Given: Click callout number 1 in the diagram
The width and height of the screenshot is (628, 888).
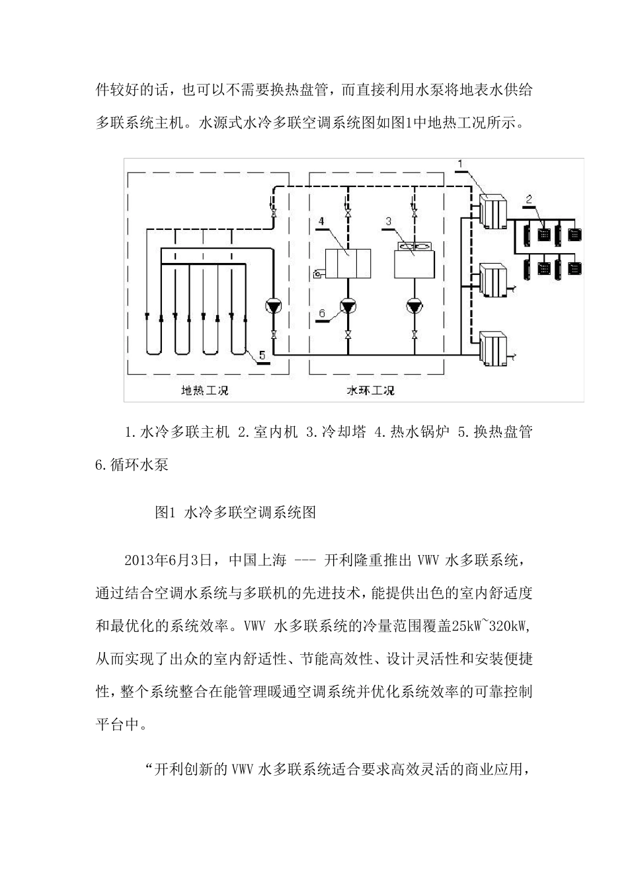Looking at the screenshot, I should tap(463, 163).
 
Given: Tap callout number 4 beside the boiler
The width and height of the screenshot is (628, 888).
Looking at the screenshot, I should tap(320, 221).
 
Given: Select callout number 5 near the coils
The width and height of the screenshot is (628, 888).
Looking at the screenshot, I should tap(262, 355).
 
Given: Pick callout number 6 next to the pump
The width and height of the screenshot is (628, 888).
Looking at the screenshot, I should tap(322, 314).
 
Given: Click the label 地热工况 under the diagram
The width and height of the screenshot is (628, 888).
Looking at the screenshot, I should tap(205, 390).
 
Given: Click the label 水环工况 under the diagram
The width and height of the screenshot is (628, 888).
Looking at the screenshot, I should tap(371, 390).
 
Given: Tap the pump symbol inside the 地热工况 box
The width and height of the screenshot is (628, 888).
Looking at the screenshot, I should tap(274, 306).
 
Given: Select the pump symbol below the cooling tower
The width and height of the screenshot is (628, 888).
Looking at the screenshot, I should tap(414, 306).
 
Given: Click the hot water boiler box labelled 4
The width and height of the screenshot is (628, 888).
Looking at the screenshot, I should tap(348, 263).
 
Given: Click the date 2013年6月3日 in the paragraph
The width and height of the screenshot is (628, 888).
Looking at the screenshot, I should tap(171, 560).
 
